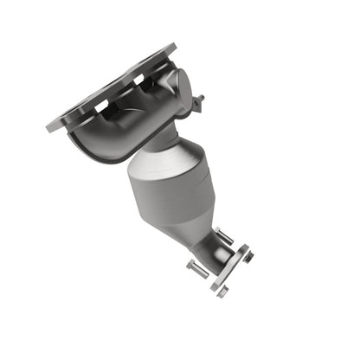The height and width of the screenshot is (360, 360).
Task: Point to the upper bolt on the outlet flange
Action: tap(224, 235)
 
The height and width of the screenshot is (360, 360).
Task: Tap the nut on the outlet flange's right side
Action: tap(247, 254)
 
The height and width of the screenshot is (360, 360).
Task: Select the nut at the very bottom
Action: tap(221, 292)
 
